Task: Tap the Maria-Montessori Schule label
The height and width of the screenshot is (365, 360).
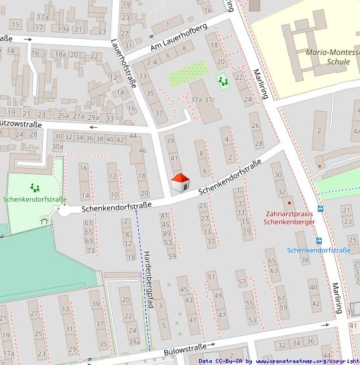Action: click(x=328, y=56)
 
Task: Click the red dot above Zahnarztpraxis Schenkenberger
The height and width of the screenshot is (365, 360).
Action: click(x=290, y=202)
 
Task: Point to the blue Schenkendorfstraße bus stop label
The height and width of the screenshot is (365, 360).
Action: click(x=318, y=250)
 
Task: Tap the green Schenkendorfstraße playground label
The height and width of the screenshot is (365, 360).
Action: click(x=34, y=200)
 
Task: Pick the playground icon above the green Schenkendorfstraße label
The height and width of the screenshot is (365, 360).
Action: click(x=34, y=188)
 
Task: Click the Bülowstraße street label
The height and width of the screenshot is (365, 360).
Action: click(x=184, y=350)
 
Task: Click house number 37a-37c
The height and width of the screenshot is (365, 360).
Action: click(x=202, y=100)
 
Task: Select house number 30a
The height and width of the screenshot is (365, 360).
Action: click(x=58, y=147)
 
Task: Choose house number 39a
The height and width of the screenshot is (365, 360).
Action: click(x=133, y=342)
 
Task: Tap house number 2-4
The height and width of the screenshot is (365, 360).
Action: click(x=152, y=62)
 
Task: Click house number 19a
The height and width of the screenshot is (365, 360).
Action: click(x=64, y=29)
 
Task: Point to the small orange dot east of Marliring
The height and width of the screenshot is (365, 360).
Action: click(x=321, y=164)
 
